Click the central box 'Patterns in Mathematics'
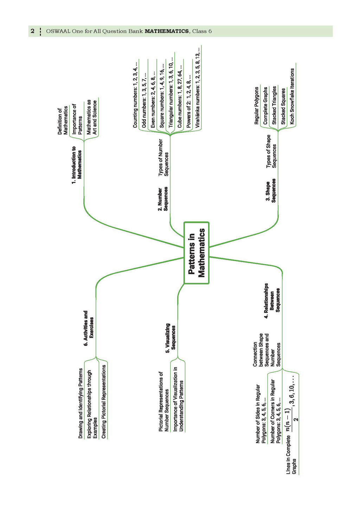point(197,253)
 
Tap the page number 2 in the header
point(33,31)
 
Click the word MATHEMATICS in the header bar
point(167,31)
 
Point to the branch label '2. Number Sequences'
point(163,199)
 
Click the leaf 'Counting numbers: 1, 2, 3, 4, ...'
point(135,95)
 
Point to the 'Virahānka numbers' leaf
point(198,89)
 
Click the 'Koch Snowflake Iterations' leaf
point(292,96)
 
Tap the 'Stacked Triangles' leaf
point(275,105)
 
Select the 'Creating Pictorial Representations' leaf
point(104,401)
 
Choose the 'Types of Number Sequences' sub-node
point(163,157)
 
